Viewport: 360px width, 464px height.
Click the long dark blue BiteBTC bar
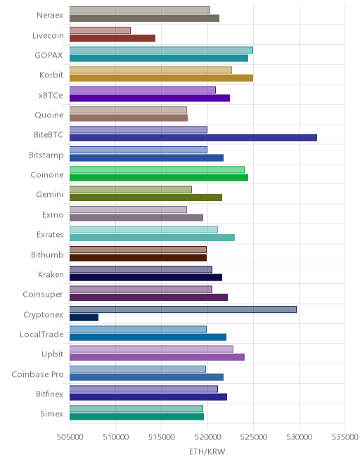click(x=193, y=138)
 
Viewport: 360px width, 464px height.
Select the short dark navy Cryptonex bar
click(x=84, y=317)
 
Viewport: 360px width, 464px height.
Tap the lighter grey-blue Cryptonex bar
click(x=183, y=309)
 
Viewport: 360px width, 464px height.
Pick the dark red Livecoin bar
click(x=112, y=38)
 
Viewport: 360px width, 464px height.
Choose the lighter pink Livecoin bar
click(x=100, y=30)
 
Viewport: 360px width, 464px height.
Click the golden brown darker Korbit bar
click(x=161, y=78)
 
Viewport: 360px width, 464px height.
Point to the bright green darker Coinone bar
click(x=159, y=178)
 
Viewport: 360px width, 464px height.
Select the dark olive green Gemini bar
click(x=146, y=198)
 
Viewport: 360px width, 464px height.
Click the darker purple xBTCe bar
click(x=150, y=98)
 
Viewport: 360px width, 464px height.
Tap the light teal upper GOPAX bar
click(x=161, y=50)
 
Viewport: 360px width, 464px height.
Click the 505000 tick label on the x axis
click(x=70, y=437)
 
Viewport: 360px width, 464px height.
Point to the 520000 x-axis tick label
click(x=207, y=437)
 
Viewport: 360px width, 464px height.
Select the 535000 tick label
click(x=345, y=437)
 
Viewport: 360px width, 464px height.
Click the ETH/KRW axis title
click(x=207, y=451)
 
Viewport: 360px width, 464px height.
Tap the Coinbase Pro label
click(x=37, y=374)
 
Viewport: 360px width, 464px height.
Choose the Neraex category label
click(x=50, y=15)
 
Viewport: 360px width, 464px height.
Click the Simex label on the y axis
click(x=51, y=413)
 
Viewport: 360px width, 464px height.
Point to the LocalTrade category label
click(x=41, y=335)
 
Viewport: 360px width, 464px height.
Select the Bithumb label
click(x=47, y=254)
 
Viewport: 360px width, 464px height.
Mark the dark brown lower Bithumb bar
click(x=139, y=257)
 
